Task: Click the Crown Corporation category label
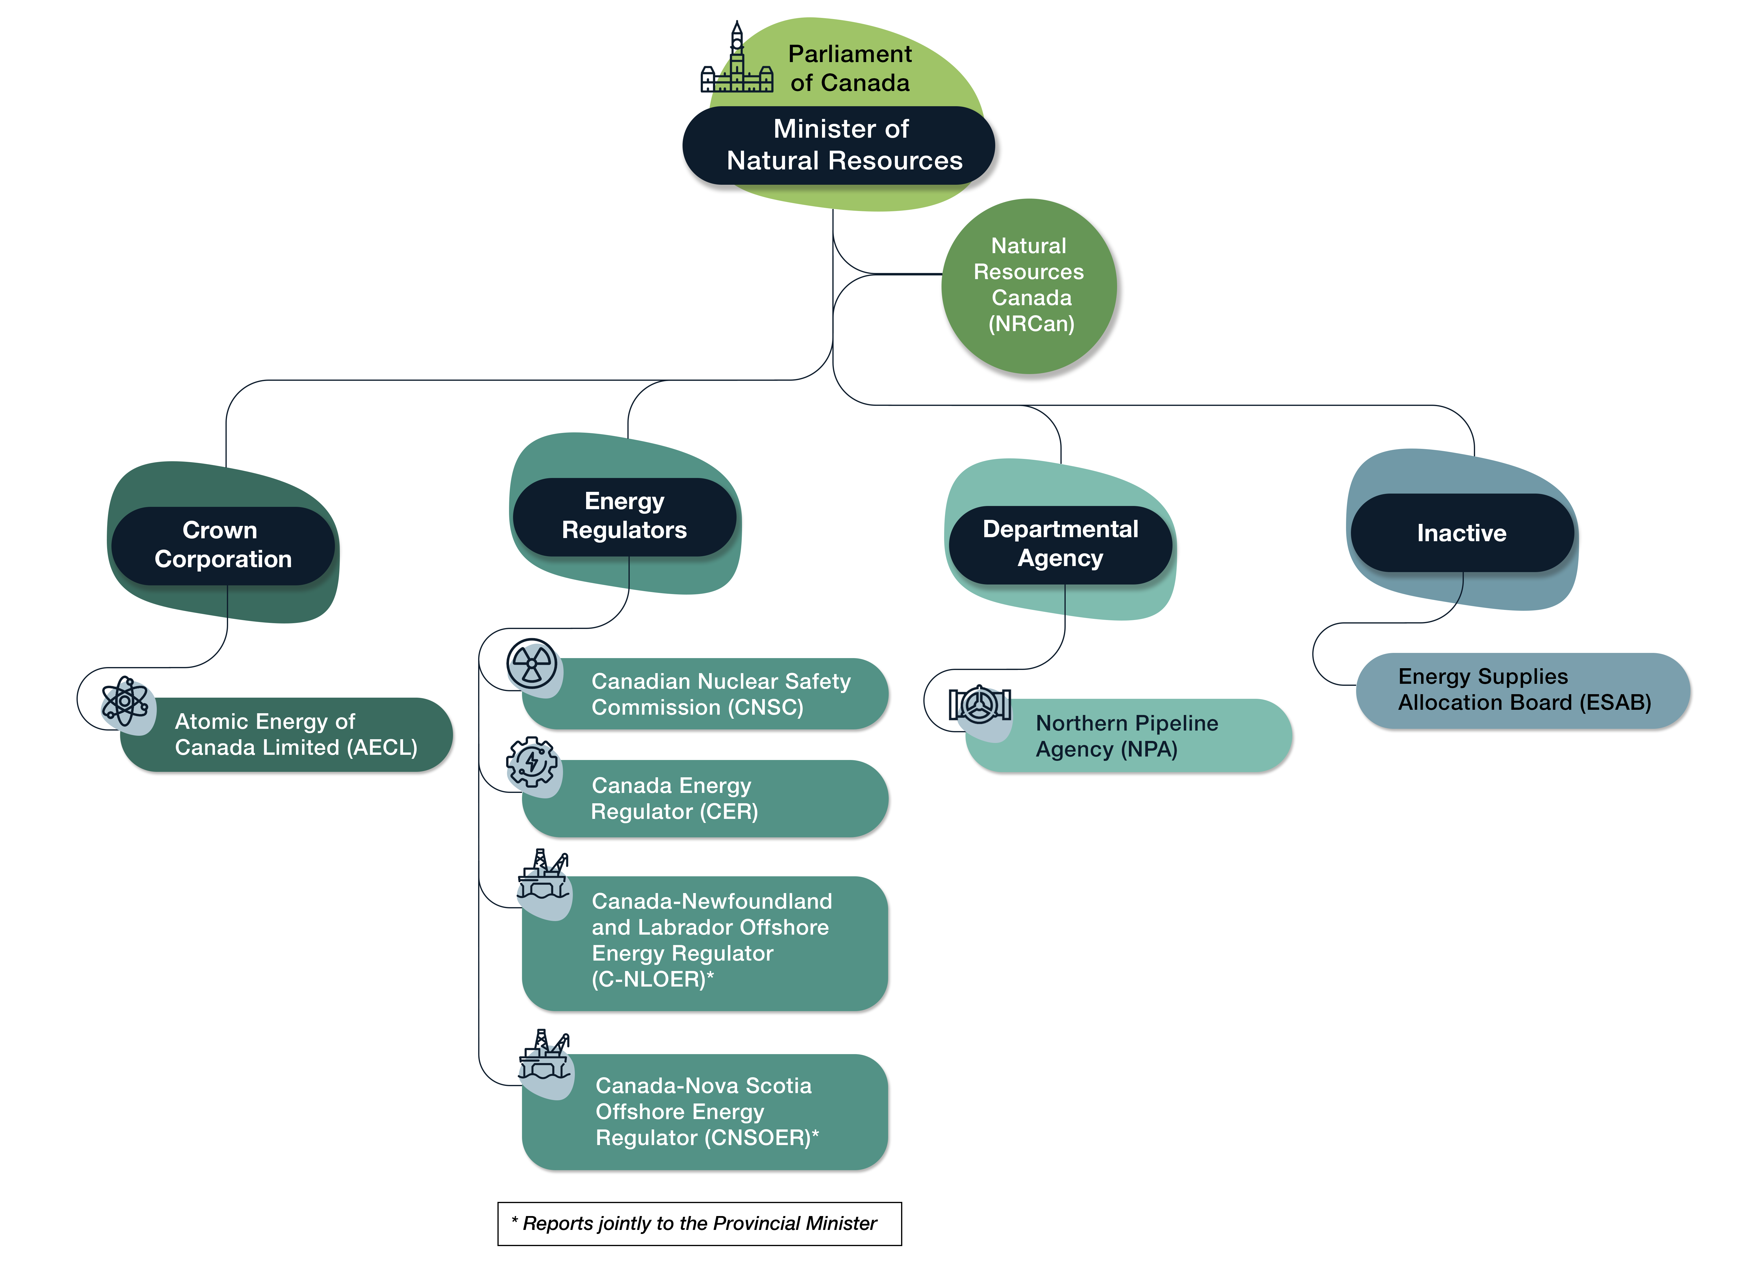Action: [x=223, y=545]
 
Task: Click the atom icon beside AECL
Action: [x=125, y=701]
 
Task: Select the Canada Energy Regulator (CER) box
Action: [x=706, y=798]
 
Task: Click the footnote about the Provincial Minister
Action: [x=699, y=1224]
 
